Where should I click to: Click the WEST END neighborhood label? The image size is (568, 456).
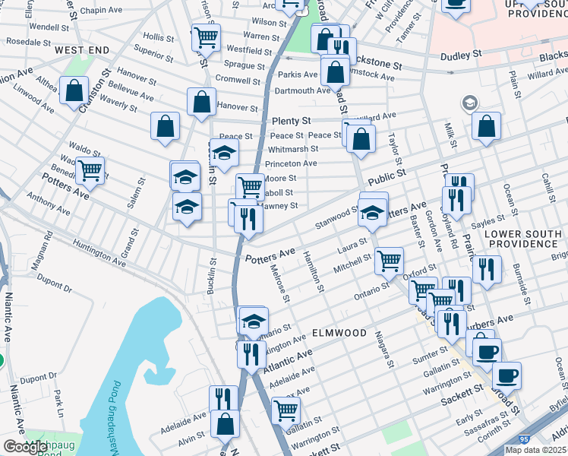82,50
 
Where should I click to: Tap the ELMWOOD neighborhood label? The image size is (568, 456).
339,333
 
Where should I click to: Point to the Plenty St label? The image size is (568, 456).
292,121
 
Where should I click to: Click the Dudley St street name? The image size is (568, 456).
462,55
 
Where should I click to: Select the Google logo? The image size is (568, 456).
26,447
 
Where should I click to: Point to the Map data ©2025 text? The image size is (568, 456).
535,450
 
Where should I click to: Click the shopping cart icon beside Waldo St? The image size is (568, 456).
90,170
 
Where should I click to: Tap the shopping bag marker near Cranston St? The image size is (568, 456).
74,91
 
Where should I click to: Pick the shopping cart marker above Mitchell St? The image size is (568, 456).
389,261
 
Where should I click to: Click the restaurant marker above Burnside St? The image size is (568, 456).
487,269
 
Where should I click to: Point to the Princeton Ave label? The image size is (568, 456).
291,163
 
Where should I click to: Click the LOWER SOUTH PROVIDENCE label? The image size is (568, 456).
522,238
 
